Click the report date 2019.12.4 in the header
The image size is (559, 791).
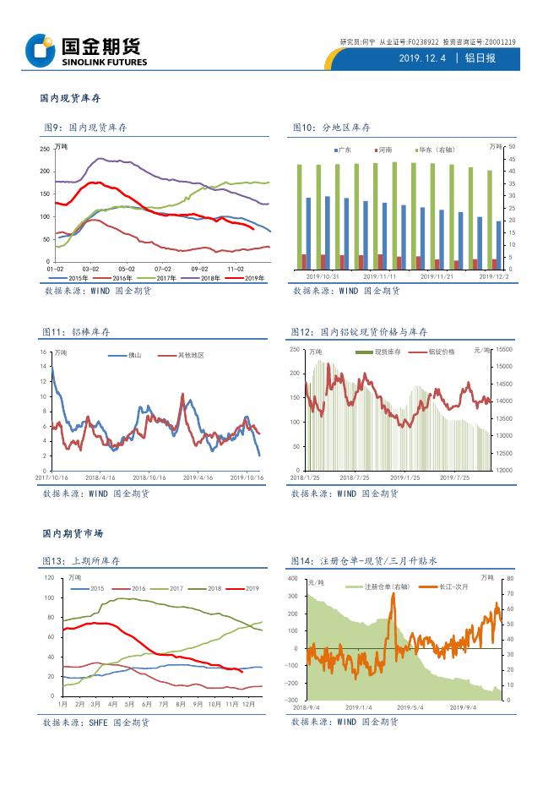(422, 57)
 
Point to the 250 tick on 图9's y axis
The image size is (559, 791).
(44, 149)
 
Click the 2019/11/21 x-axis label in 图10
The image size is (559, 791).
(437, 275)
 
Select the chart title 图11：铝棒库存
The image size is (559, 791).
(77, 332)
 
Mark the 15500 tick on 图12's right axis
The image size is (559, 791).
(504, 349)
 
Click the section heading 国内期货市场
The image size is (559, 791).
(73, 534)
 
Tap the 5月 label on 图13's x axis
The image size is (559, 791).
(129, 704)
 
